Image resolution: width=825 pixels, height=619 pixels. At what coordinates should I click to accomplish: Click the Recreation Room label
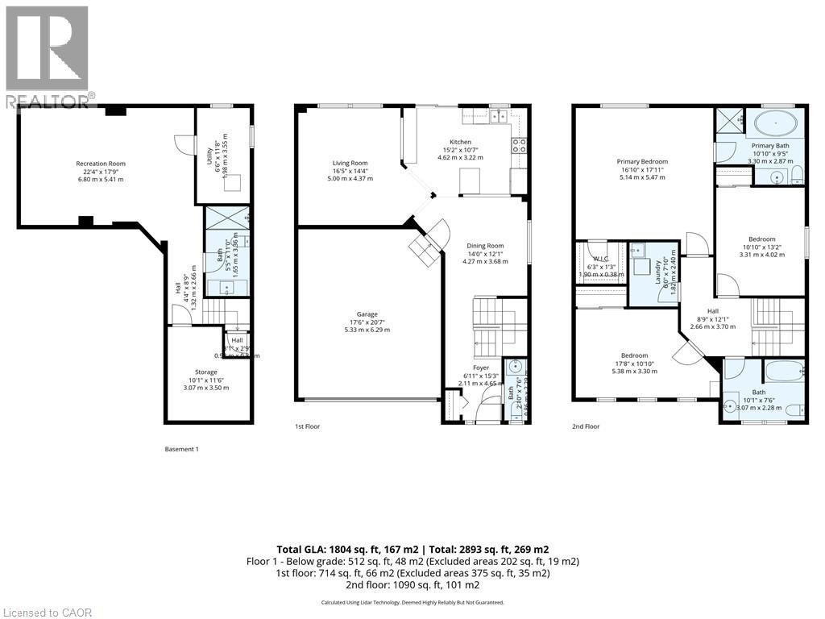point(101,164)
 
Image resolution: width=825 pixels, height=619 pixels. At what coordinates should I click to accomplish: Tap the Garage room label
point(367,314)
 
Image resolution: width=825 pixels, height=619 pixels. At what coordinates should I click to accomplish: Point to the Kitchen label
point(460,142)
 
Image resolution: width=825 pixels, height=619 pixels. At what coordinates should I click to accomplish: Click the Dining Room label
point(485,246)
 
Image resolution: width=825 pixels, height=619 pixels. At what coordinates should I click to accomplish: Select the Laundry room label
point(658,264)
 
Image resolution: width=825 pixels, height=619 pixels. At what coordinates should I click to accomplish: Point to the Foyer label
point(480,368)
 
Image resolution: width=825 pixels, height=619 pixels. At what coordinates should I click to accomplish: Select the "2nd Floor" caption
point(586,426)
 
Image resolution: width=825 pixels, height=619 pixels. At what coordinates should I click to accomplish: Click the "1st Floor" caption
point(307,426)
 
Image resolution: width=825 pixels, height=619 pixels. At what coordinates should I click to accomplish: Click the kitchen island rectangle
point(470,181)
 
